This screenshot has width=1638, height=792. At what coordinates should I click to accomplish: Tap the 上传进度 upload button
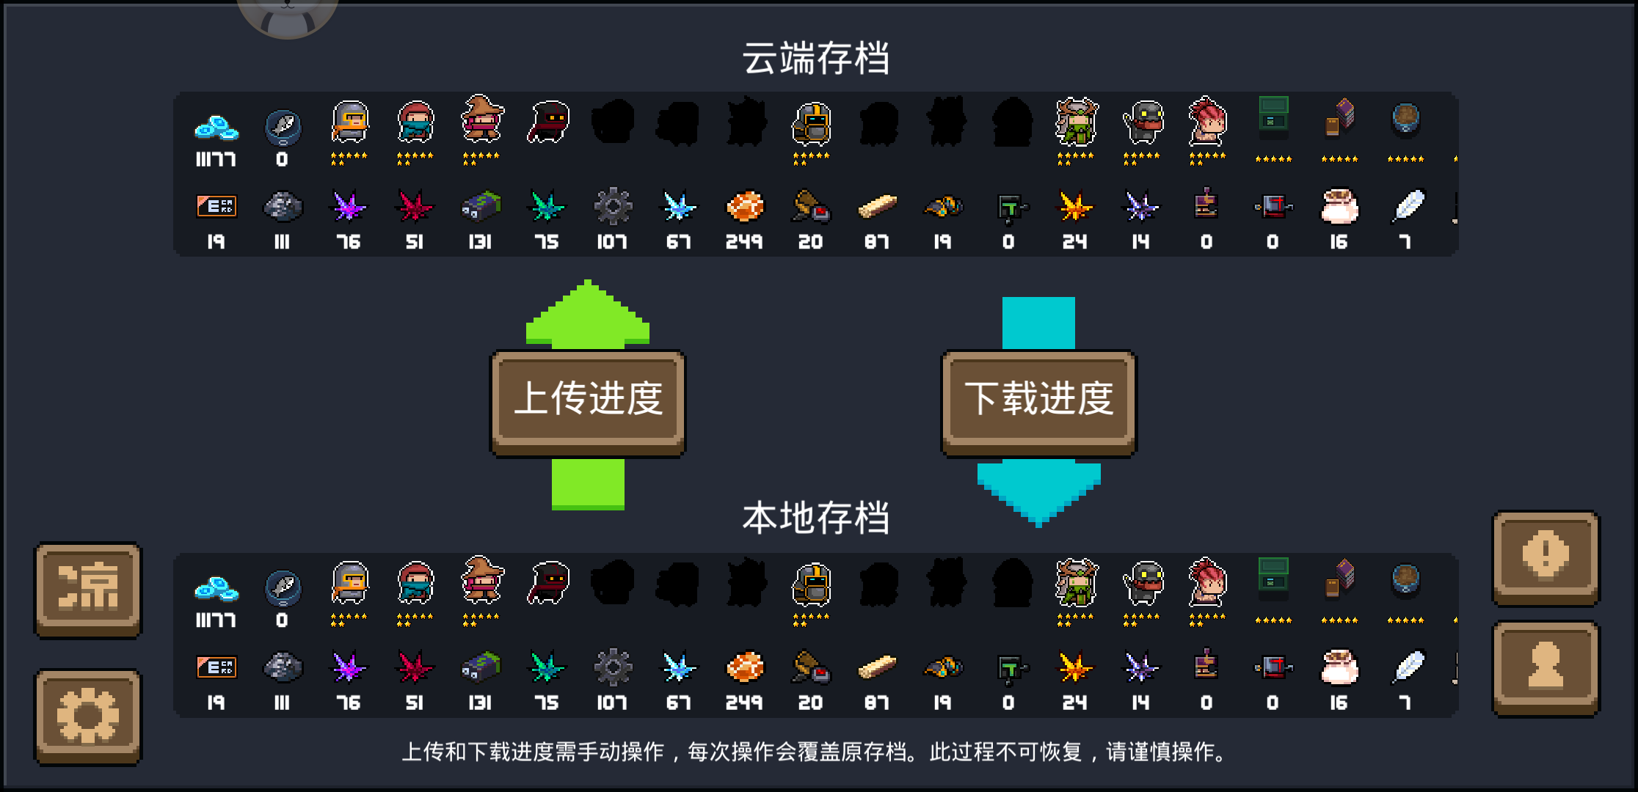pyautogui.click(x=588, y=400)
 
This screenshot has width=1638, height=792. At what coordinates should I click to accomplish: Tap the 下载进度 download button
pyautogui.click(x=1038, y=400)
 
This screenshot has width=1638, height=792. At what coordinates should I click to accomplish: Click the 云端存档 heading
pyautogui.click(x=816, y=59)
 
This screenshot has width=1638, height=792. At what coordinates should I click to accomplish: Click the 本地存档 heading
pyautogui.click(x=816, y=518)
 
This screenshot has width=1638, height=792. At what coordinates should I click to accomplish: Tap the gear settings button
pyautogui.click(x=88, y=716)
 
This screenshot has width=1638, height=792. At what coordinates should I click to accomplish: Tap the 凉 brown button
pyautogui.click(x=88, y=588)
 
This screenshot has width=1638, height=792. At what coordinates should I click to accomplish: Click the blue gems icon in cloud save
pyautogui.click(x=216, y=128)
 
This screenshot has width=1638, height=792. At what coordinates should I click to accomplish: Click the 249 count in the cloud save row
pyautogui.click(x=744, y=242)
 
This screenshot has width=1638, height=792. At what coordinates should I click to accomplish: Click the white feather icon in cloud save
pyautogui.click(x=1408, y=206)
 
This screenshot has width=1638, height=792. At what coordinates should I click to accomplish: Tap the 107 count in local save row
pyautogui.click(x=611, y=703)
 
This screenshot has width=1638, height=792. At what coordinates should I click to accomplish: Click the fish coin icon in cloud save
pyautogui.click(x=283, y=127)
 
